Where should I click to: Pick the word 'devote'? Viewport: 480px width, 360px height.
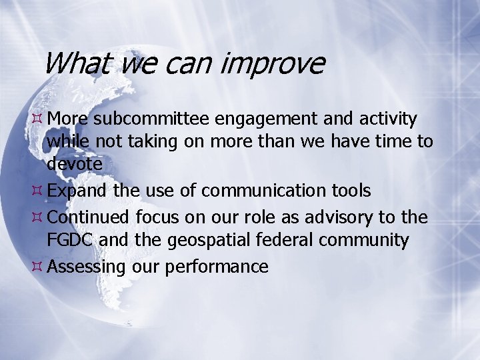pyautogui.click(x=75, y=163)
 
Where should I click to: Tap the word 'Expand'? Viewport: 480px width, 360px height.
pyautogui.click(x=77, y=191)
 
